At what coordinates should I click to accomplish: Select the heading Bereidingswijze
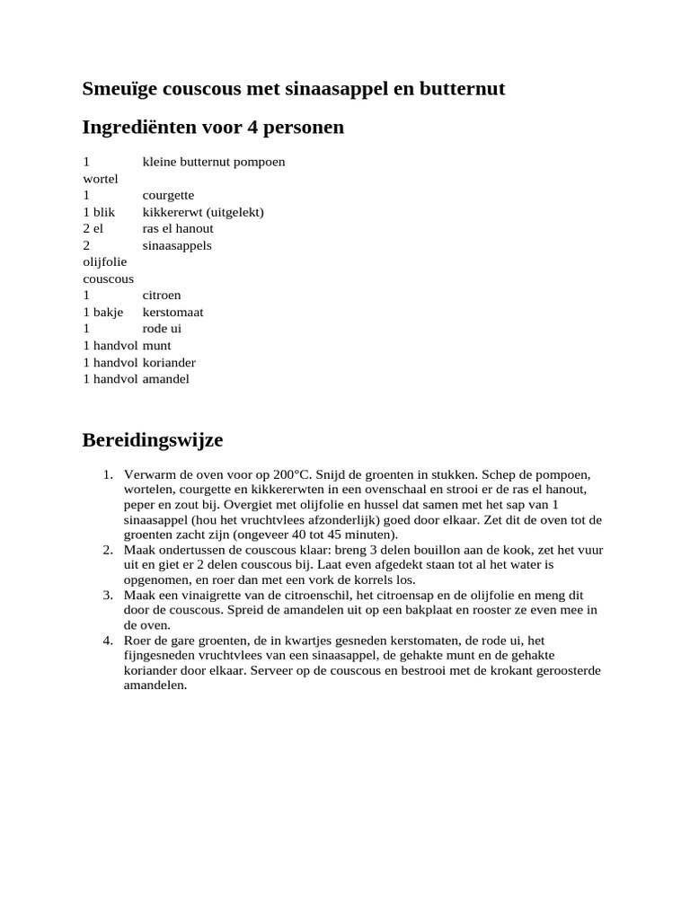click(x=152, y=440)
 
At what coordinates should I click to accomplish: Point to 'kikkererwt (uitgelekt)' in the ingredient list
click(x=203, y=212)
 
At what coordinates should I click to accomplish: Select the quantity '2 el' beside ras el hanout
click(x=93, y=228)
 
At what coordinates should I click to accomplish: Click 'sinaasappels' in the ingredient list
click(x=177, y=245)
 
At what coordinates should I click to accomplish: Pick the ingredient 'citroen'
click(x=162, y=295)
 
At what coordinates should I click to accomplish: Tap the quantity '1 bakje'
click(x=103, y=312)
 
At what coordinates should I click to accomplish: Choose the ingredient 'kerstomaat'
click(x=172, y=312)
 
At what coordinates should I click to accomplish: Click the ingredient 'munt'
click(x=156, y=345)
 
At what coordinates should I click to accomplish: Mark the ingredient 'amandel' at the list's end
click(x=166, y=379)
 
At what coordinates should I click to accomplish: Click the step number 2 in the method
click(x=107, y=550)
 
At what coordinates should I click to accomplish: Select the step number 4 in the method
click(x=107, y=641)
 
